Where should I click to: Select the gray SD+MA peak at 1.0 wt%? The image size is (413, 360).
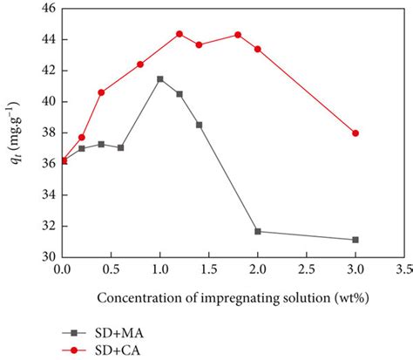159,79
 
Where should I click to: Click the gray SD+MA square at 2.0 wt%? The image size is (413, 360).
258,232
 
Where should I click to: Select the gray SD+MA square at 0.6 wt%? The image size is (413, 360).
120,147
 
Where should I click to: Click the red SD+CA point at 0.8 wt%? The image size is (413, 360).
140,65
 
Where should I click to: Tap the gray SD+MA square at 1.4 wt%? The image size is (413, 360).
199,125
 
